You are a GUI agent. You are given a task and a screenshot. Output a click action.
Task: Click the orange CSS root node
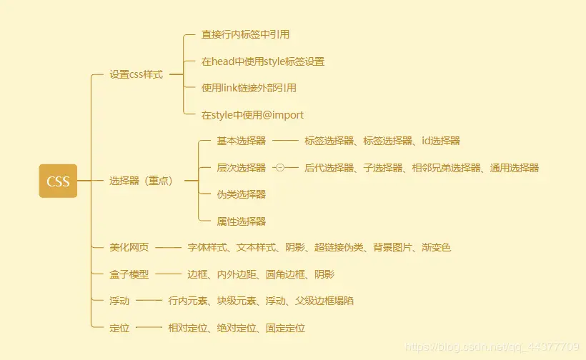click(x=58, y=181)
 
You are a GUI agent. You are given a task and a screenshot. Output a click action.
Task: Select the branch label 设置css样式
click(x=136, y=74)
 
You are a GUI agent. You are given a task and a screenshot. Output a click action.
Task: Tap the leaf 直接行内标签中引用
click(x=245, y=34)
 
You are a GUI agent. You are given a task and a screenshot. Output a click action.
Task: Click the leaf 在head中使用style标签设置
click(x=263, y=61)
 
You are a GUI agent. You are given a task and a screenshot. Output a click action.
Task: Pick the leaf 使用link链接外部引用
click(x=249, y=88)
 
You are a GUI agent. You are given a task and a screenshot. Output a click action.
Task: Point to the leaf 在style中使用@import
click(x=252, y=114)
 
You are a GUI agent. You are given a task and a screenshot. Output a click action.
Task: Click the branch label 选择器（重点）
click(x=141, y=181)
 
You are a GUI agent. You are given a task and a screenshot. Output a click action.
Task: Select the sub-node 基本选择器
click(x=242, y=141)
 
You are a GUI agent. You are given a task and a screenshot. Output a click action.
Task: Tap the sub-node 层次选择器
click(x=242, y=168)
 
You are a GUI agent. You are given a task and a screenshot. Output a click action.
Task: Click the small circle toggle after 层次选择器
click(x=279, y=168)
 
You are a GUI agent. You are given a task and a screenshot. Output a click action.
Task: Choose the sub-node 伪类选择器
click(x=242, y=194)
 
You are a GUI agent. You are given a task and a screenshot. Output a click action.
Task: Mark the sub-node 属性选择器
click(x=242, y=221)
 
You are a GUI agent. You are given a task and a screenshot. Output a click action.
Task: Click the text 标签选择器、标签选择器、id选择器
click(x=382, y=141)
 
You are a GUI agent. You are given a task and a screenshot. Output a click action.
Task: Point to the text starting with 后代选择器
click(x=421, y=168)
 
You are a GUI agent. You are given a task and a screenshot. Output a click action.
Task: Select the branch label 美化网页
click(x=129, y=248)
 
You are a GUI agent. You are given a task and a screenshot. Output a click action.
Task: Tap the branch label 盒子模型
click(x=129, y=274)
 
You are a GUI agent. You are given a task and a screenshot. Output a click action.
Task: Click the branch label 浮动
click(x=119, y=301)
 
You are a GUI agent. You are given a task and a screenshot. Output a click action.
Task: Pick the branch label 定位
click(x=119, y=328)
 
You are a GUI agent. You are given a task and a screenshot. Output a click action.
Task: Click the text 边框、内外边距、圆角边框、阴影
click(x=260, y=274)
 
